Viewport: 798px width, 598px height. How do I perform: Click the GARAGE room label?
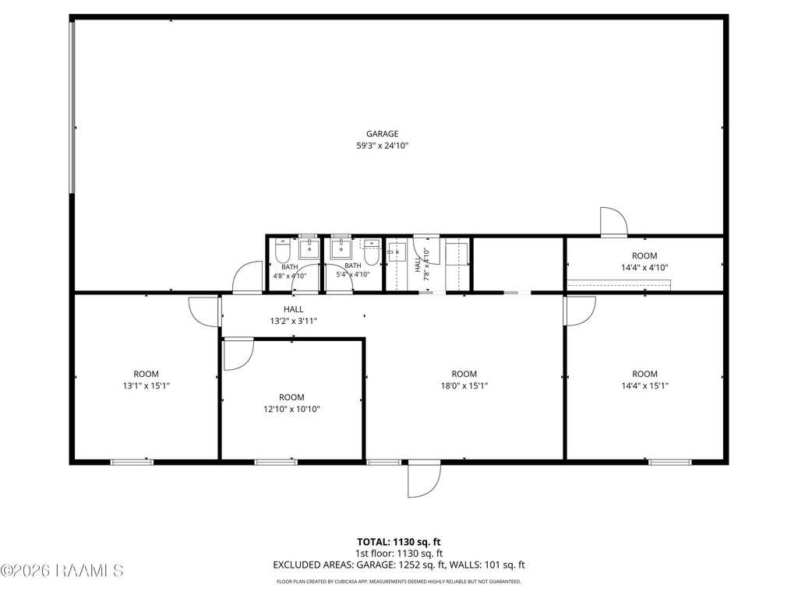382,134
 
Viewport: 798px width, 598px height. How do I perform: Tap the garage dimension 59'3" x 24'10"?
382,146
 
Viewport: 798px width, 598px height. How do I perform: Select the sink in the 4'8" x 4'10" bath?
309,249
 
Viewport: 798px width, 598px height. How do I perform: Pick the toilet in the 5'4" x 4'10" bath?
373,252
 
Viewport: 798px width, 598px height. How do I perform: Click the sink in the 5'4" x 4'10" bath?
340,249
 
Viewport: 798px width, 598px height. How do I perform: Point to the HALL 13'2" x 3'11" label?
294,315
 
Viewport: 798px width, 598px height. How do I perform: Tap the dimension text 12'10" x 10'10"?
291,409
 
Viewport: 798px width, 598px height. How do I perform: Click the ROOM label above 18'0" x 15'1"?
464,374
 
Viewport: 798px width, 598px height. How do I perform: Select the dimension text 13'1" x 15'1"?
146,385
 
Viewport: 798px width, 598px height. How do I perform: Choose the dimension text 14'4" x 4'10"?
644,268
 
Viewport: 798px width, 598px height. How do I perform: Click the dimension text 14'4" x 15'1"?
644,385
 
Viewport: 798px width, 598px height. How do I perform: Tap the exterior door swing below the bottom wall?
424,479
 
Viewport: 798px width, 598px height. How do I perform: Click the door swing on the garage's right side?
614,222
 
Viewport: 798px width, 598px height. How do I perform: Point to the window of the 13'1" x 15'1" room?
132,462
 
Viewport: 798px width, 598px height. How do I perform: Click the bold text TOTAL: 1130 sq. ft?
398,542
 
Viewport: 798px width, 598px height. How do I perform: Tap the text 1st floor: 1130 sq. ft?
398,554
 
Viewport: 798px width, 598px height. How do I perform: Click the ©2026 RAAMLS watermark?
62,571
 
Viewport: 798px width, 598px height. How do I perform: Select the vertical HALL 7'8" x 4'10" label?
422,264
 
